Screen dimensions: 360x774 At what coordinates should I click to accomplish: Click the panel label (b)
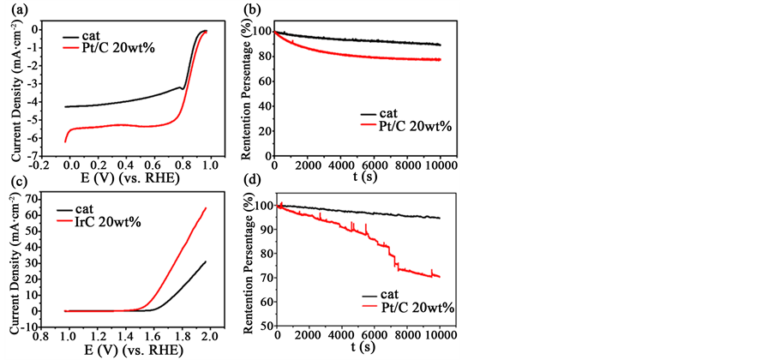(x=252, y=10)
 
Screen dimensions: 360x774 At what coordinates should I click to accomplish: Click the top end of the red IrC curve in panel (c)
(x=205, y=208)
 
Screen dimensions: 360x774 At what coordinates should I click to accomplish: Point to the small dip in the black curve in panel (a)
(x=183, y=88)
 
